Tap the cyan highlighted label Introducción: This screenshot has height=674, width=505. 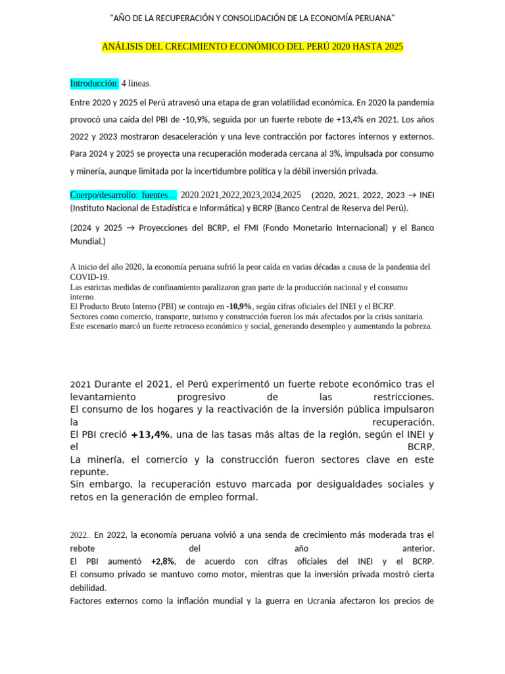point(94,84)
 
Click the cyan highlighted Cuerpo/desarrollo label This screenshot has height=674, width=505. point(123,195)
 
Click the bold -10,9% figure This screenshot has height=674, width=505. point(239,307)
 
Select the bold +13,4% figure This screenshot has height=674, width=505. point(151,434)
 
